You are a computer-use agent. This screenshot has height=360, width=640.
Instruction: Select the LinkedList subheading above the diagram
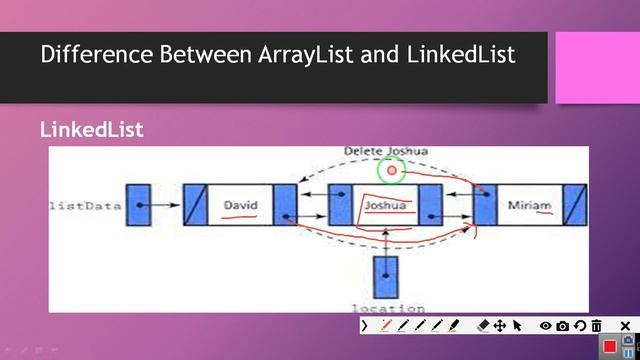click(x=92, y=131)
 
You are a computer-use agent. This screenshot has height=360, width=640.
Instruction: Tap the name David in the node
click(x=240, y=205)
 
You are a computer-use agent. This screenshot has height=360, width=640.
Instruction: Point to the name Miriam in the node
click(x=529, y=206)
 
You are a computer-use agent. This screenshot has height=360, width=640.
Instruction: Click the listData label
click(x=84, y=206)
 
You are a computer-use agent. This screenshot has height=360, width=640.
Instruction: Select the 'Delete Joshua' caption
click(x=386, y=151)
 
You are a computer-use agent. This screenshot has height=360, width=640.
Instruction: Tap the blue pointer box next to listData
click(x=138, y=205)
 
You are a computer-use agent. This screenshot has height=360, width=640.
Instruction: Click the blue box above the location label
click(x=385, y=275)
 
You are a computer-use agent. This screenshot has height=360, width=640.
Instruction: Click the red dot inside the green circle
click(x=392, y=171)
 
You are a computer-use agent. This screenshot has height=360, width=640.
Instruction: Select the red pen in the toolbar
click(x=386, y=326)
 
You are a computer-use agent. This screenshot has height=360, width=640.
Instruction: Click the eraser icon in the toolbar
click(x=483, y=326)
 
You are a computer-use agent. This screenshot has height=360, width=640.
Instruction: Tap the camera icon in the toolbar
click(x=563, y=326)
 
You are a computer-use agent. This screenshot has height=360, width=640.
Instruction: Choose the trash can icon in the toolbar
click(x=597, y=326)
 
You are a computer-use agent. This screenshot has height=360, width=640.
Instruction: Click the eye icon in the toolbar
click(x=546, y=326)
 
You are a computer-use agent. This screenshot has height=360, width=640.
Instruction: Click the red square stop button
click(x=610, y=346)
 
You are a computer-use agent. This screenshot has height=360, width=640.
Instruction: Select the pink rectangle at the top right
click(x=597, y=67)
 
